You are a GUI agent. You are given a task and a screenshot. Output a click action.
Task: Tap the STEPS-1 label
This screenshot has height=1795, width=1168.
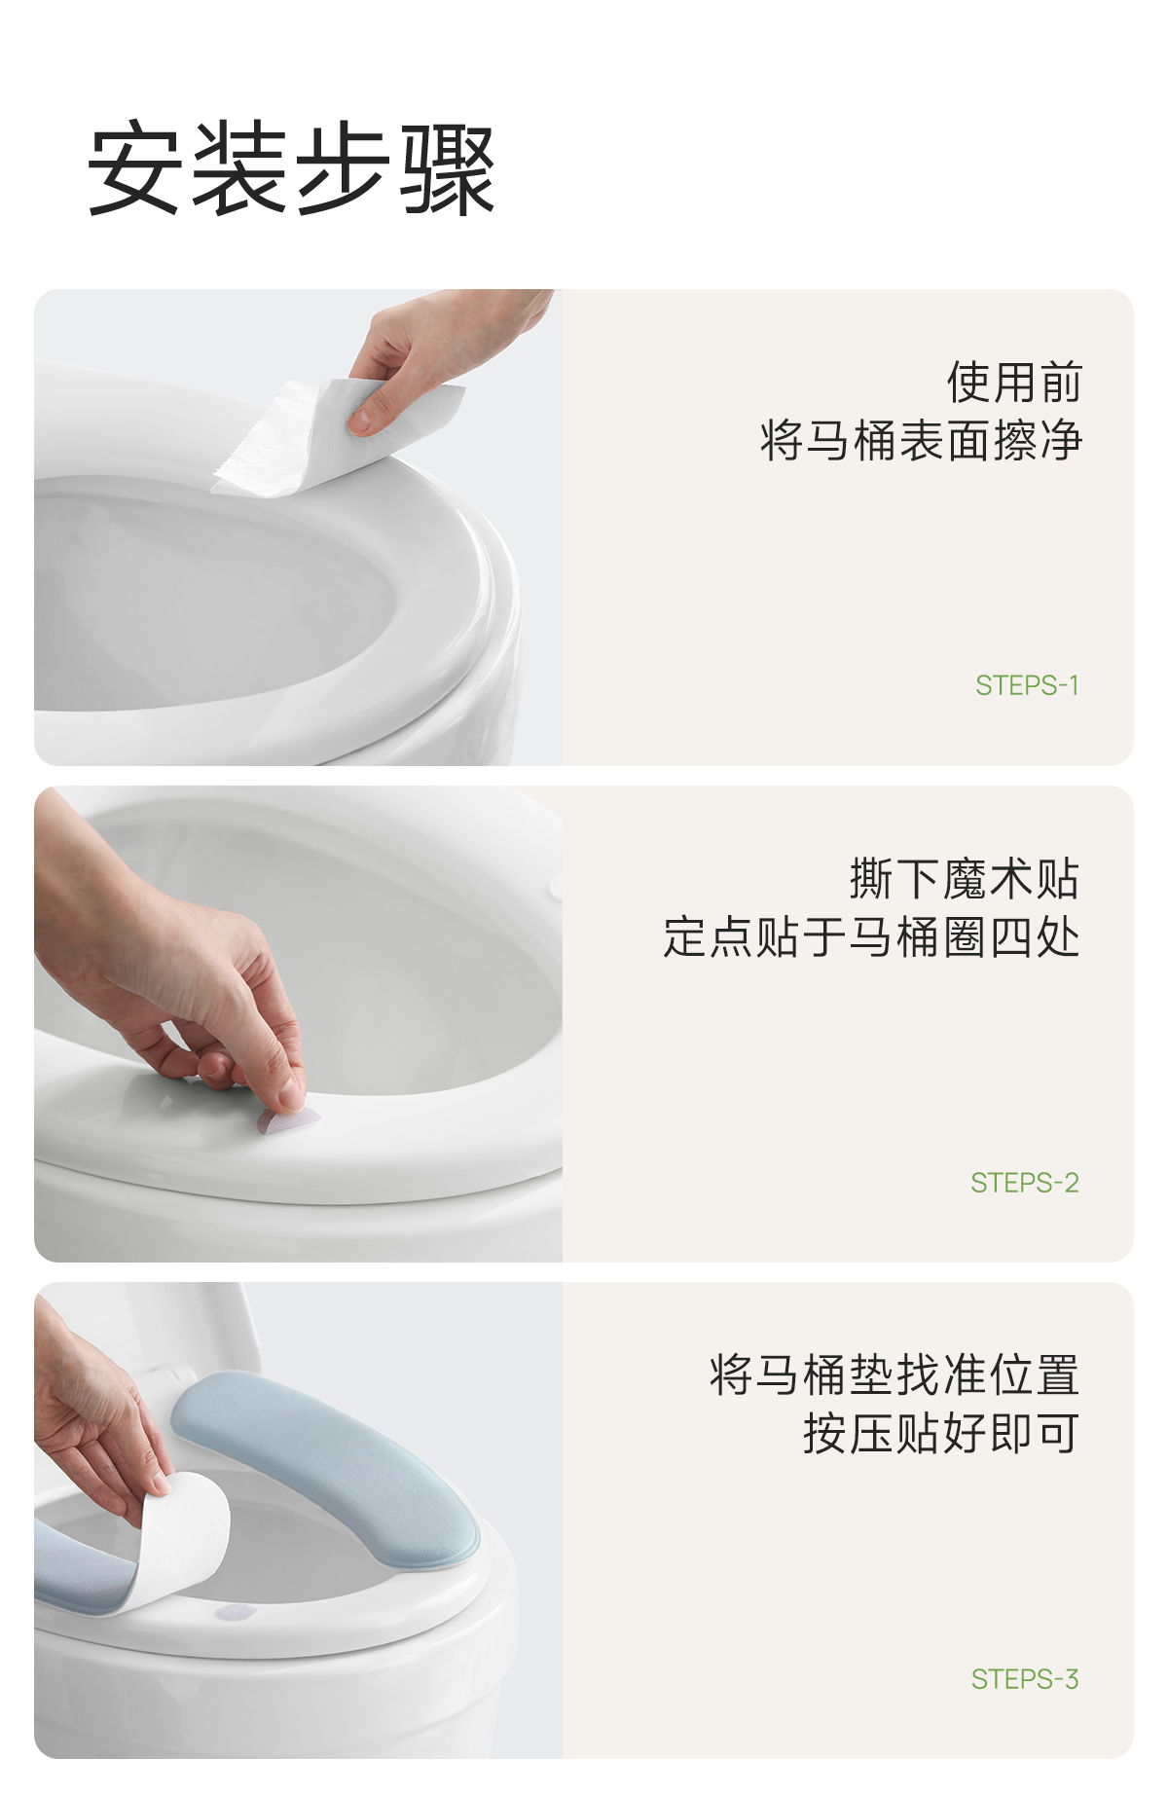pos(1027,685)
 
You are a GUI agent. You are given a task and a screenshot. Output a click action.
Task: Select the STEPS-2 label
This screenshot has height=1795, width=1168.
pos(1025,1183)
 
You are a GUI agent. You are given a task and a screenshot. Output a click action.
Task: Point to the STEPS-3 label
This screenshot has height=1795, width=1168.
pos(1025,1679)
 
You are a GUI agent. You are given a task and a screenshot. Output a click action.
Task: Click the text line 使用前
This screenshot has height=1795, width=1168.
pos(1014,382)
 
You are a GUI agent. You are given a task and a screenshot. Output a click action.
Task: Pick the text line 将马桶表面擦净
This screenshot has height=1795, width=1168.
pos(921,440)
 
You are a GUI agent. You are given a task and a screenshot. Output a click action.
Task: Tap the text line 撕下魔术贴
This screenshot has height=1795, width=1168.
pos(965,879)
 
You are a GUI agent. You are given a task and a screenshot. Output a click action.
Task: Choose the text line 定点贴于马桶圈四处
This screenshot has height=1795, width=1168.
pos(871,937)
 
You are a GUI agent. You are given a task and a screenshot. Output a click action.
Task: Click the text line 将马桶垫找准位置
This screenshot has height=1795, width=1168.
pos(894,1375)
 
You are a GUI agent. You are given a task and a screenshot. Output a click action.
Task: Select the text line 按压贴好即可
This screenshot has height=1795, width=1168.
pos(941,1434)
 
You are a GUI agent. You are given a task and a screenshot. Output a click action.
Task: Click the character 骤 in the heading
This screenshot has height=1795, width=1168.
pos(448,169)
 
